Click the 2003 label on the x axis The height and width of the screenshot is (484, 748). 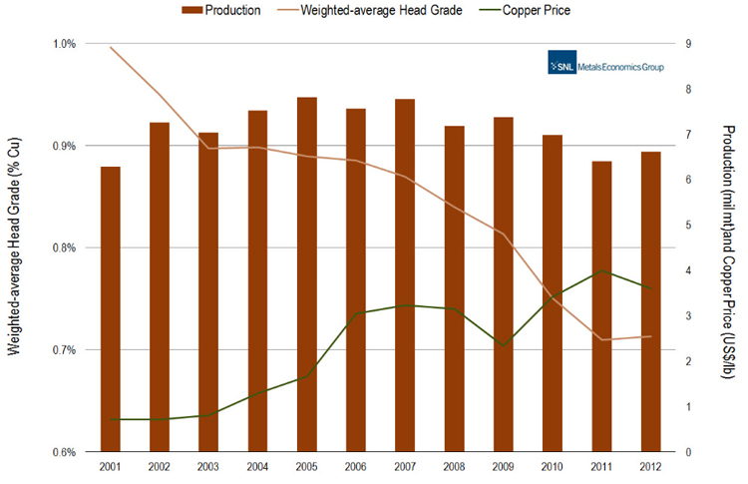(208, 466)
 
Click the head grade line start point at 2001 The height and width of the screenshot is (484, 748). (111, 48)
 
